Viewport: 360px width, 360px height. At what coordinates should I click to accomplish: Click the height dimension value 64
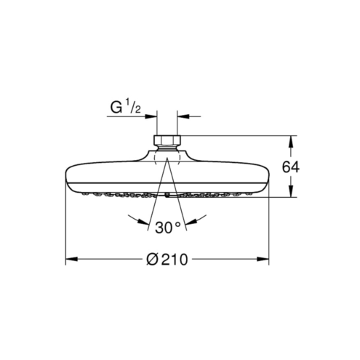click(x=291, y=167)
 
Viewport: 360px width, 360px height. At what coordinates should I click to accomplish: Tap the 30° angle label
click(x=168, y=228)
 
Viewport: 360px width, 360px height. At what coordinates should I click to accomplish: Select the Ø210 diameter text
click(x=167, y=259)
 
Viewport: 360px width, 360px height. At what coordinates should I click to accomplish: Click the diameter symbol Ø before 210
click(x=152, y=260)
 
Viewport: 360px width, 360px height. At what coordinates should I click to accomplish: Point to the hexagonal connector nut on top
click(x=167, y=140)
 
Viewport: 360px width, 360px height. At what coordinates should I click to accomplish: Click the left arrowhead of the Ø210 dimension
click(x=71, y=259)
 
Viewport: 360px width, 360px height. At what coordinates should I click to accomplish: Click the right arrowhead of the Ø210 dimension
click(x=263, y=259)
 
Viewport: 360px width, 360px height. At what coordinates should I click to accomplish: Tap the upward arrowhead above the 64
click(x=291, y=142)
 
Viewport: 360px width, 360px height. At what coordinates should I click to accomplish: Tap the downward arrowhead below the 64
click(x=291, y=191)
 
